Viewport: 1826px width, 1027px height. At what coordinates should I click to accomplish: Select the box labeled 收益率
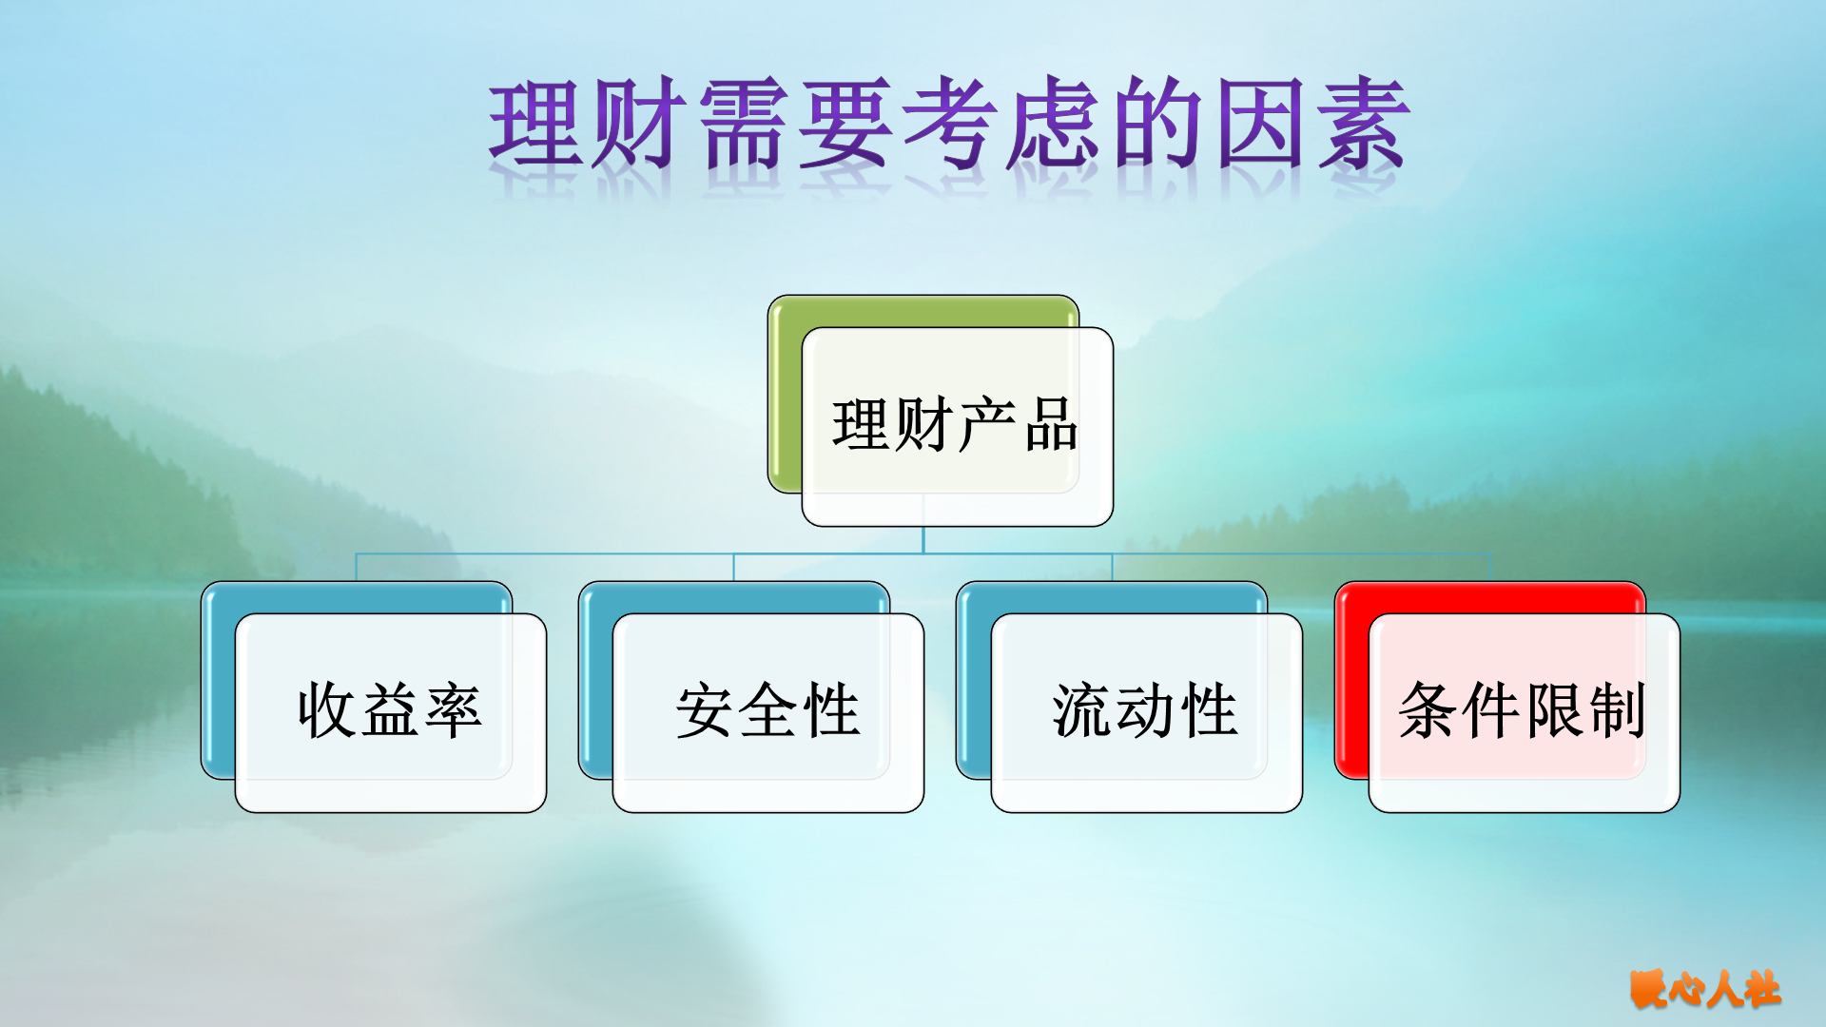[x=390, y=713]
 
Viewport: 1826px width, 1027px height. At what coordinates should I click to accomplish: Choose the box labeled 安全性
[x=767, y=713]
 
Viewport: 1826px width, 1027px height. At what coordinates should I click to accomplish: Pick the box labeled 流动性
[x=1146, y=713]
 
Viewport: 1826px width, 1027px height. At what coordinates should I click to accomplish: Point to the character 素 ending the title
[x=1362, y=125]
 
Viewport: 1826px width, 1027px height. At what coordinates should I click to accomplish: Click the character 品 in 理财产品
[x=1051, y=425]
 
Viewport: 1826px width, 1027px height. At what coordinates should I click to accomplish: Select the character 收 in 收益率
[x=327, y=710]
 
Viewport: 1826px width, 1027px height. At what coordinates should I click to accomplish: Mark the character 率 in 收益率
[x=454, y=710]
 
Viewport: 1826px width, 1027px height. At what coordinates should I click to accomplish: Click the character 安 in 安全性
[x=705, y=710]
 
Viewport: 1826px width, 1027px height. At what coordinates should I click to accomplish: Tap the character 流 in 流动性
[x=1082, y=710]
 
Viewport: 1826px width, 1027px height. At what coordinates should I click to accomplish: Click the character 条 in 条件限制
[x=1428, y=710]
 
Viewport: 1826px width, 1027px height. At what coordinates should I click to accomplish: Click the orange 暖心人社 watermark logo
[x=1704, y=990]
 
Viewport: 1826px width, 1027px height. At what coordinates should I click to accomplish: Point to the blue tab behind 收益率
[x=357, y=598]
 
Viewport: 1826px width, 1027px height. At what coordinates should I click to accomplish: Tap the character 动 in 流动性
[x=1145, y=710]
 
